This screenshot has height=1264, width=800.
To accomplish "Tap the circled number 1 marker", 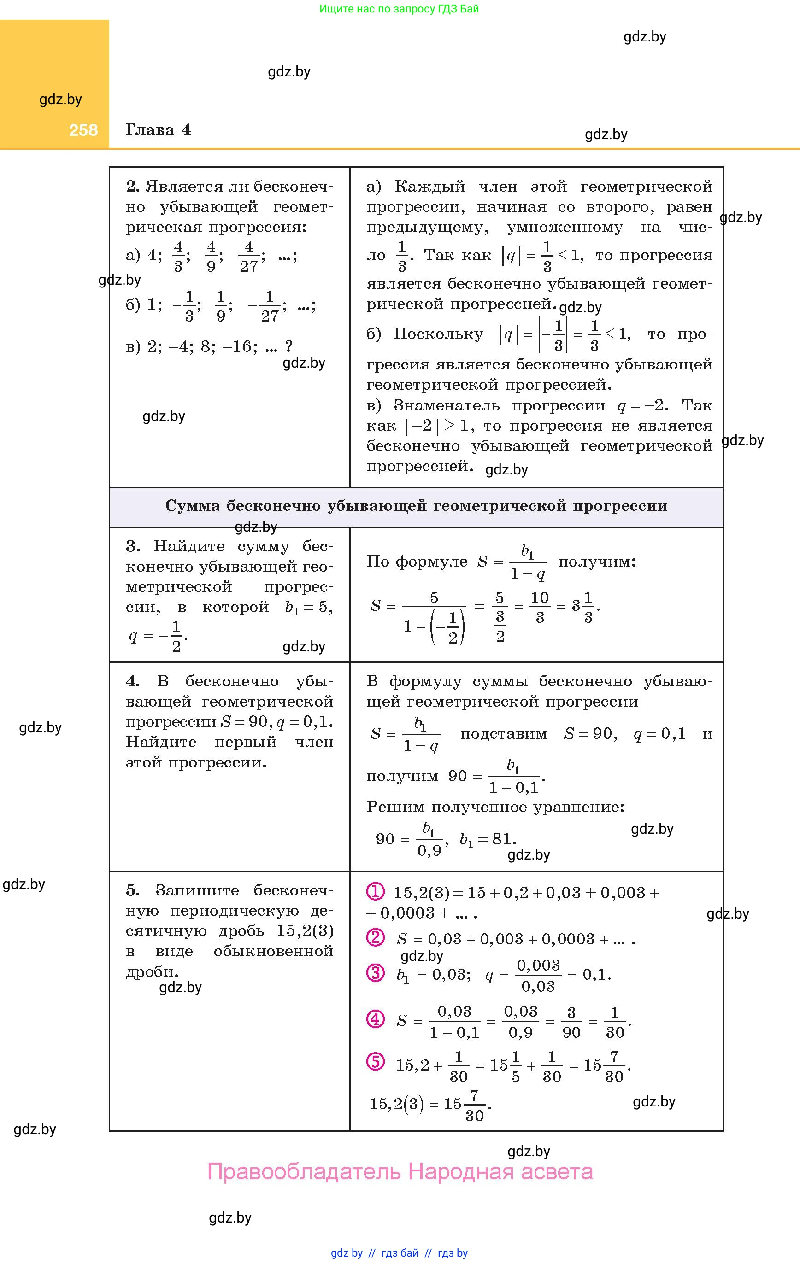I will [x=375, y=891].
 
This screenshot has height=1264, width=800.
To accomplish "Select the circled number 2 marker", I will [x=375, y=937].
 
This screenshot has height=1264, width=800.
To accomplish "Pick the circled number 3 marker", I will [x=375, y=973].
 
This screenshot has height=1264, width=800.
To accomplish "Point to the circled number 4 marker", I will [x=375, y=1019].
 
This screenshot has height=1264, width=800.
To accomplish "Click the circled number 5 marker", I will [x=375, y=1062].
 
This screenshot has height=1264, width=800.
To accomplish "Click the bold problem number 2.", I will [x=132, y=187].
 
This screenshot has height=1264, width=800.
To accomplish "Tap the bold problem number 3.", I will [x=132, y=546].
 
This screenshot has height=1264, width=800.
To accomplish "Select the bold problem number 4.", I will [x=132, y=681].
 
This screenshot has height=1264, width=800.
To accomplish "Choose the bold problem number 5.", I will [x=132, y=890].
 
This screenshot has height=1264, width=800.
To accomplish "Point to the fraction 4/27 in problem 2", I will [x=249, y=257].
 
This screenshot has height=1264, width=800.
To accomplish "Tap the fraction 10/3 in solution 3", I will [x=540, y=607].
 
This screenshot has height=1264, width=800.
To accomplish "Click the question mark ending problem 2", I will [x=288, y=346].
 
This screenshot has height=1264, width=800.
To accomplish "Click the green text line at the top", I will [x=399, y=9].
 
